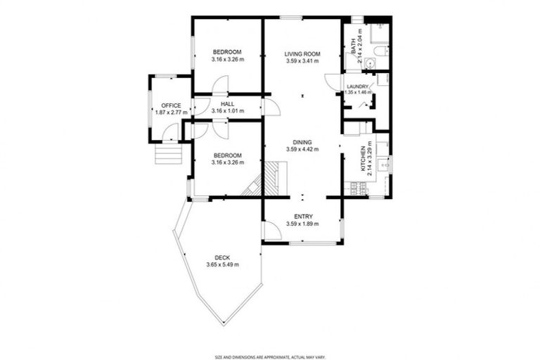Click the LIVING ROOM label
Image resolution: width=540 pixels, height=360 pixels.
click(302, 54)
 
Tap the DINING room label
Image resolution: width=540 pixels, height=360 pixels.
click(302, 141)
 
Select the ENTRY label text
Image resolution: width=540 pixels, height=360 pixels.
click(302, 217)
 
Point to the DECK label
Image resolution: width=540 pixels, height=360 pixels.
click(222, 257)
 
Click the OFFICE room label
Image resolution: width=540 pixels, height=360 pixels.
click(171, 105)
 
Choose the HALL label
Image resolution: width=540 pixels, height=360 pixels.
click(227, 103)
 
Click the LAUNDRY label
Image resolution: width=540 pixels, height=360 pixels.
click(358, 86)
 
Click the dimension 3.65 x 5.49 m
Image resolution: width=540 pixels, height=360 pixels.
click(222, 265)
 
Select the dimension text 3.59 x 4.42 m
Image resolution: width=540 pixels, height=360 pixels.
click(302, 149)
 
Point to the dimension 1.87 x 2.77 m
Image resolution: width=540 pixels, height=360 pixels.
click(171, 112)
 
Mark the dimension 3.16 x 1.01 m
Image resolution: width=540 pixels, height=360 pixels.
click(227, 110)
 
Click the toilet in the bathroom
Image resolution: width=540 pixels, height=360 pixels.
click(380, 51)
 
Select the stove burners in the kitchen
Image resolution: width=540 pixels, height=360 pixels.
click(356, 188)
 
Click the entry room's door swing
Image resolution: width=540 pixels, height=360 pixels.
click(269, 231)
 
